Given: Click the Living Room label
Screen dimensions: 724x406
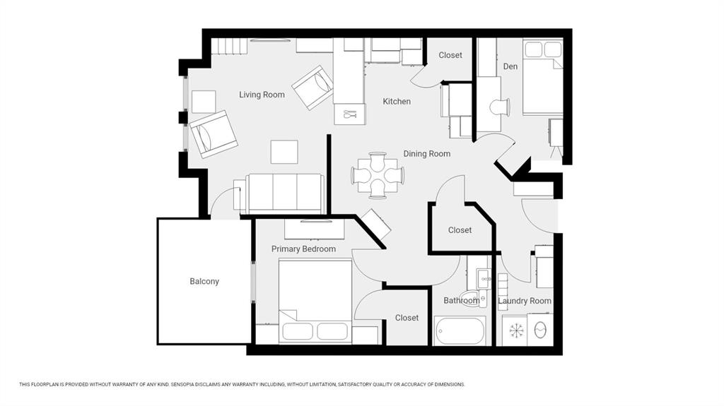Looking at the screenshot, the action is coord(262,95).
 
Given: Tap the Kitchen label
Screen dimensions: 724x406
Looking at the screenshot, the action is coord(397,101).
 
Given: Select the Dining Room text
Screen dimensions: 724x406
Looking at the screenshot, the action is coord(426,154).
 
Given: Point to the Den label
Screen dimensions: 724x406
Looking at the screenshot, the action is coord(510,66).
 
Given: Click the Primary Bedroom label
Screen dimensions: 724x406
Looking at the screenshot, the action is coord(303,249).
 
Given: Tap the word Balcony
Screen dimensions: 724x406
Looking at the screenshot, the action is coord(204,282).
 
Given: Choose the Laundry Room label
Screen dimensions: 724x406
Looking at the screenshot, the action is coord(525,301).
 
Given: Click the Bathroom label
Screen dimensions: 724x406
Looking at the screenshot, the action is coord(461,300).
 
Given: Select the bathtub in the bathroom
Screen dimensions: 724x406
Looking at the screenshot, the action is coord(460,330).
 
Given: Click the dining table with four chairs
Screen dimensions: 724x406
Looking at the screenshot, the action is coord(378,175).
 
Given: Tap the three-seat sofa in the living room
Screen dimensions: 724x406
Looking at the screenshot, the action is coord(279,193).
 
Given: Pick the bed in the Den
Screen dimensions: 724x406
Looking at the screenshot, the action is coord(543,77).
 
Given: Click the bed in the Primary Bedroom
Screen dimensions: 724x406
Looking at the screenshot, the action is coord(315,301).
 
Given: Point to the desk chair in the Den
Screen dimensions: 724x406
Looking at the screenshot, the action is coord(500,107).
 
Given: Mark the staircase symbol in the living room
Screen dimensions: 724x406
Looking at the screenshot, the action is coord(227,47).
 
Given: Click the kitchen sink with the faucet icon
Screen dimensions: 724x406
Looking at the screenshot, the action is coord(350,114).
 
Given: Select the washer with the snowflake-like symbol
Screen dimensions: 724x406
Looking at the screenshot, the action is coord(515,330).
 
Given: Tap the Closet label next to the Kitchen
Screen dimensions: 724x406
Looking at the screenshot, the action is coord(450,55).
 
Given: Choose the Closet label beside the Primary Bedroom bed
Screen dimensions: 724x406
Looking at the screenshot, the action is coord(407,318).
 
